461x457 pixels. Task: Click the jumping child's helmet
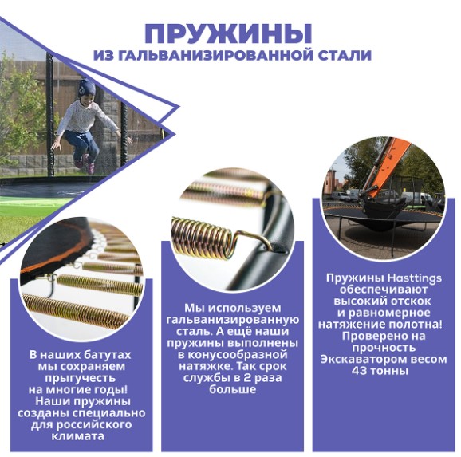(87, 87)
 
